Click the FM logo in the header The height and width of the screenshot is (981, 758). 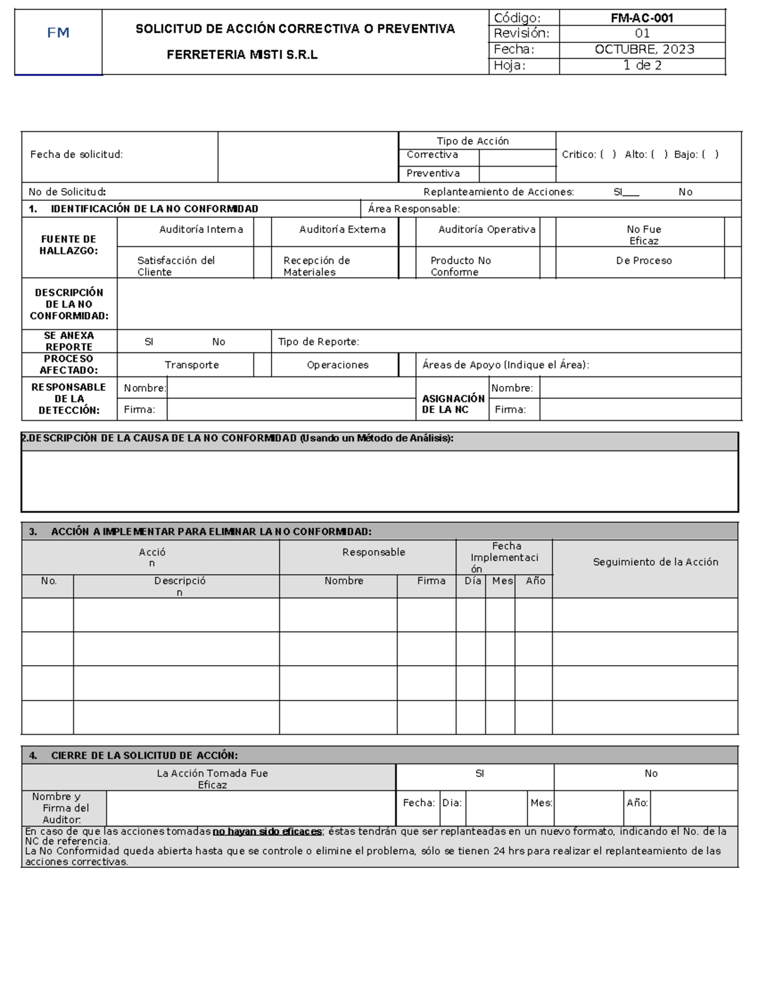58,33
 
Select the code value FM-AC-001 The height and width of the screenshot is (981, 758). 642,18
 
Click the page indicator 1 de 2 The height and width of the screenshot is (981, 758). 642,65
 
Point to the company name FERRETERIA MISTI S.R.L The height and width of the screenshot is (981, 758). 242,55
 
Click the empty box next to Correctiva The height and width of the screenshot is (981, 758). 517,157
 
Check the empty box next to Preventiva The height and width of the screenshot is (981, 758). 517,174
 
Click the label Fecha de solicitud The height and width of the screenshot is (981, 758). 76,154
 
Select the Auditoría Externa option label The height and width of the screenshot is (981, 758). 342,229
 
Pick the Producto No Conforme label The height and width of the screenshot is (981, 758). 460,266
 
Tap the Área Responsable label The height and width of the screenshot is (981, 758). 414,209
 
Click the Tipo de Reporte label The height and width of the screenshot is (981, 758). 318,342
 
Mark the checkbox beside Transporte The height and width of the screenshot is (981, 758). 262,365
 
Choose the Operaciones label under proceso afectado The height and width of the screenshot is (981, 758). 337,365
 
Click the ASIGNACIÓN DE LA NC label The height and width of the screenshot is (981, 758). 453,404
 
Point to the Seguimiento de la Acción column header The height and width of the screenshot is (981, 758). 655,562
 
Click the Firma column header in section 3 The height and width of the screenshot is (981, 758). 431,581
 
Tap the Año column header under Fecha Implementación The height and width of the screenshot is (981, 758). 535,581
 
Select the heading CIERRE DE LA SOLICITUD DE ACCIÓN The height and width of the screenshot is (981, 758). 144,755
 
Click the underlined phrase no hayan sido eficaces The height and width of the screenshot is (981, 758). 267,831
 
